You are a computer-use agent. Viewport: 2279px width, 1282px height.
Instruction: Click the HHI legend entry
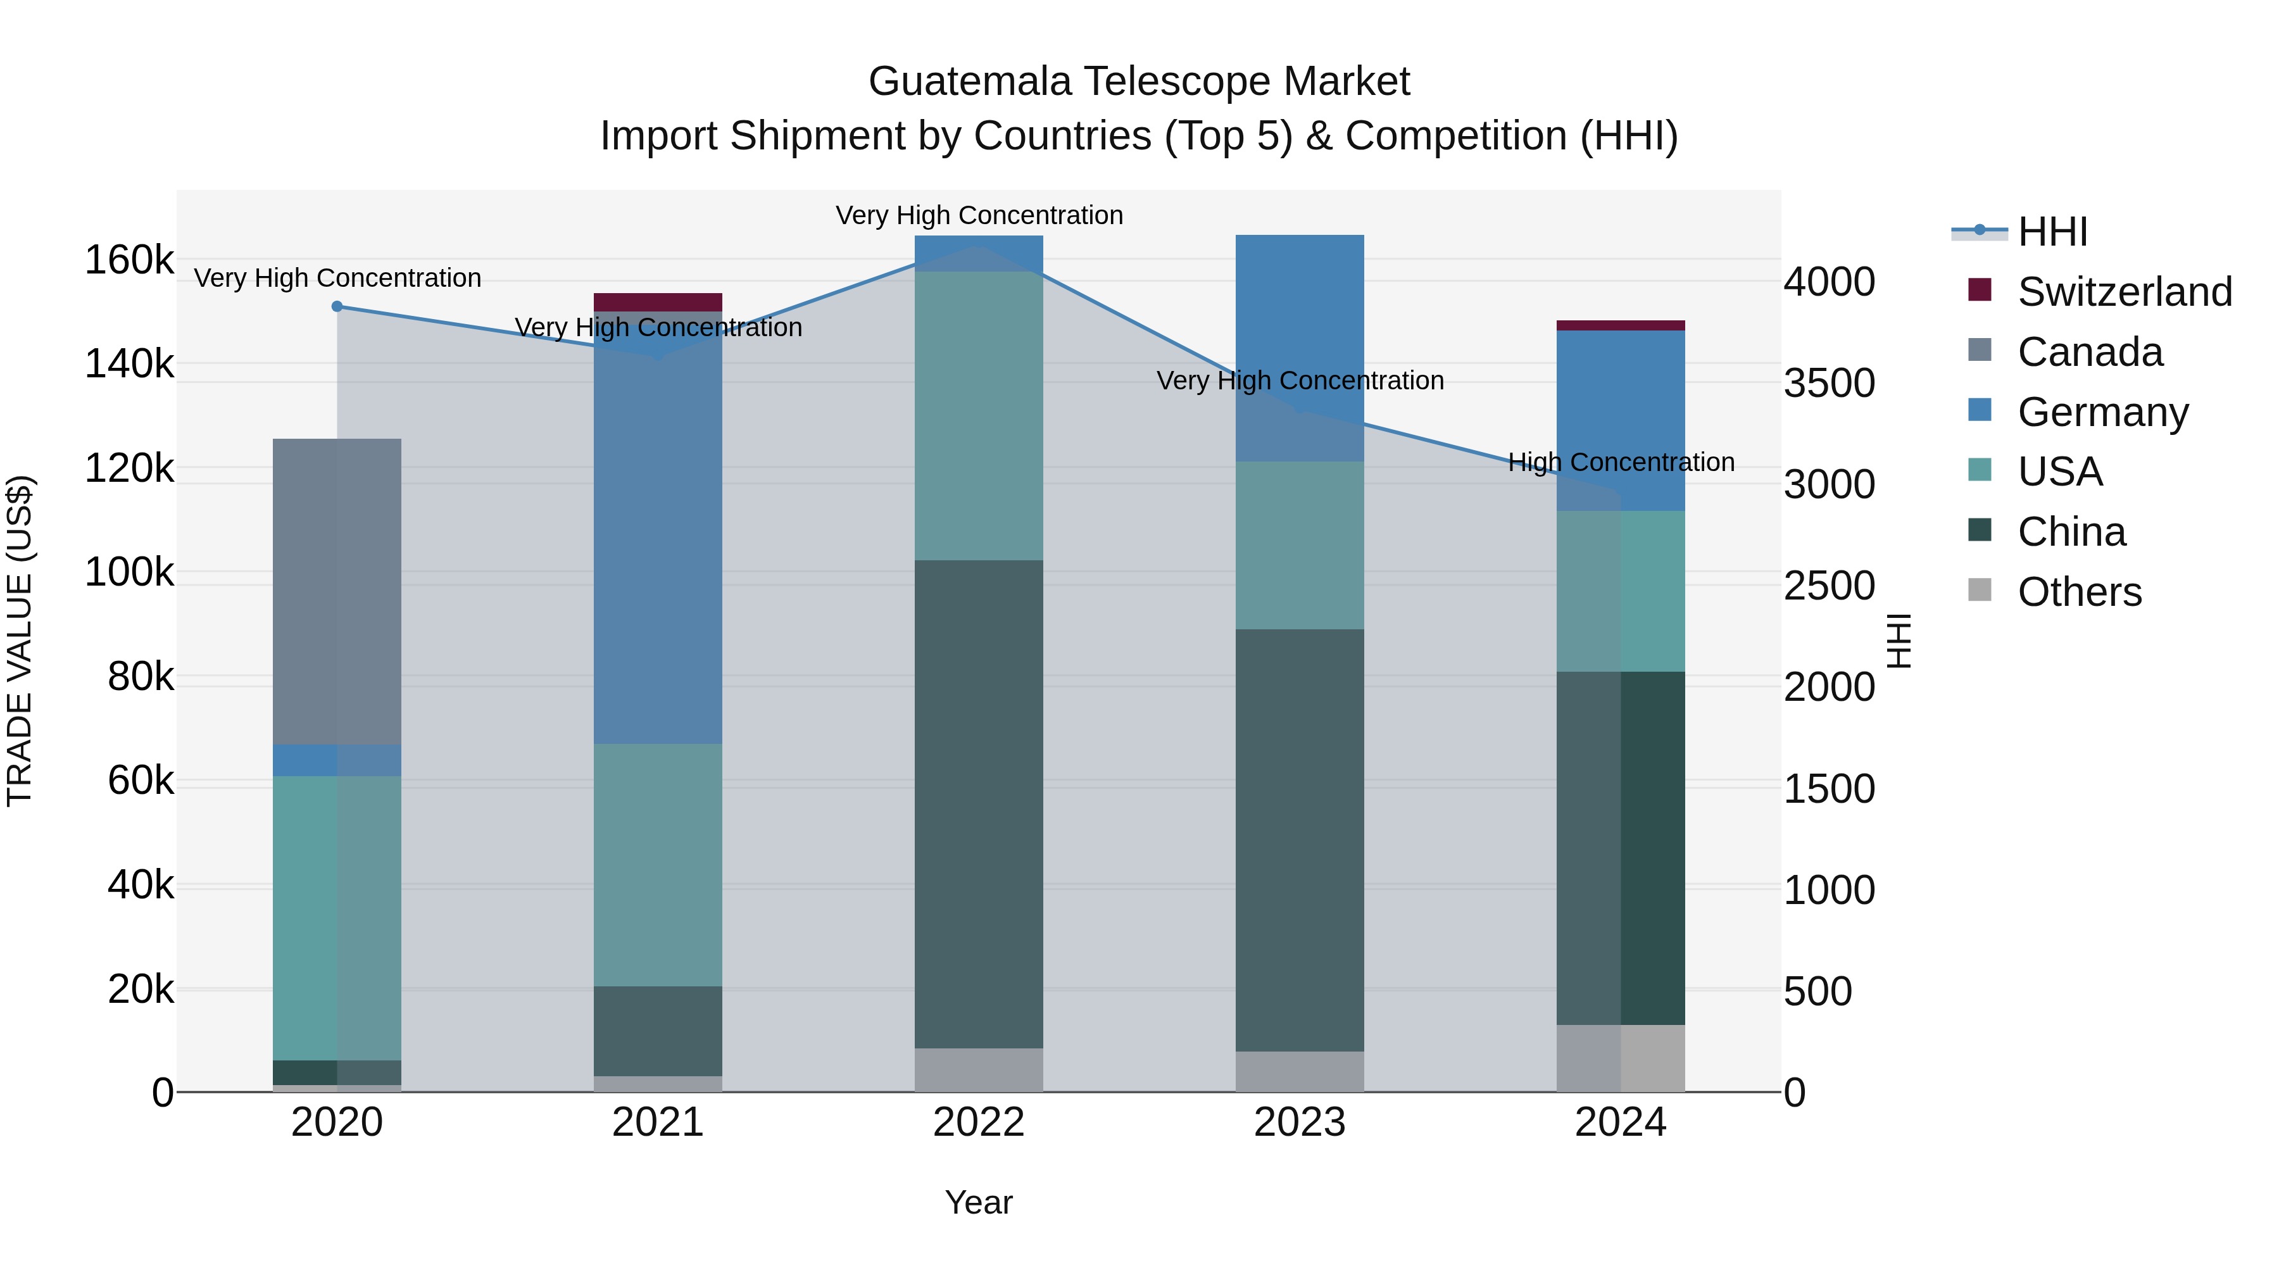click(2052, 232)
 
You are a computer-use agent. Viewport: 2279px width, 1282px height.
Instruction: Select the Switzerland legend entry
click(2124, 292)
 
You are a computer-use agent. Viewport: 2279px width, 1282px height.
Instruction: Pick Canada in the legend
click(2090, 352)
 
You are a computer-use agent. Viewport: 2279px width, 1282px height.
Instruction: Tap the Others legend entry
click(2079, 592)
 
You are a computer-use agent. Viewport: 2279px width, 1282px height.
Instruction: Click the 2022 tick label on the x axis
click(979, 1122)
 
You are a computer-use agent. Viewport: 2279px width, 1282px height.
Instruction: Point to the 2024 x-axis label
click(1620, 1122)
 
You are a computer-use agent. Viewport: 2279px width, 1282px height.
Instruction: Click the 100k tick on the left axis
click(129, 572)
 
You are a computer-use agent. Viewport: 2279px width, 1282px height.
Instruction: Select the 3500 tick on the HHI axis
click(1828, 383)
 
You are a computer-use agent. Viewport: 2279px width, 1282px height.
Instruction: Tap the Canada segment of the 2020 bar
click(337, 591)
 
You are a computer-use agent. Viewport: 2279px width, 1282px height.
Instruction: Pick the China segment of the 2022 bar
click(979, 803)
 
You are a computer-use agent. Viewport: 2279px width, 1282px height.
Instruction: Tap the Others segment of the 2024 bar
click(1620, 1058)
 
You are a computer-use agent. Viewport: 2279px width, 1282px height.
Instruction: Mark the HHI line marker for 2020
click(337, 307)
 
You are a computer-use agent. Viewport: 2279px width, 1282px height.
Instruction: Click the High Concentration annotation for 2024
click(1620, 462)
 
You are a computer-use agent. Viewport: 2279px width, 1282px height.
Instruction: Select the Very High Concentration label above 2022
click(979, 215)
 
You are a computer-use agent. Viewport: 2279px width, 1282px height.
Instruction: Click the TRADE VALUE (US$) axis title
click(20, 641)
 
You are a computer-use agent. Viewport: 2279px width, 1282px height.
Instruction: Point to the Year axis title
click(979, 1202)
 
